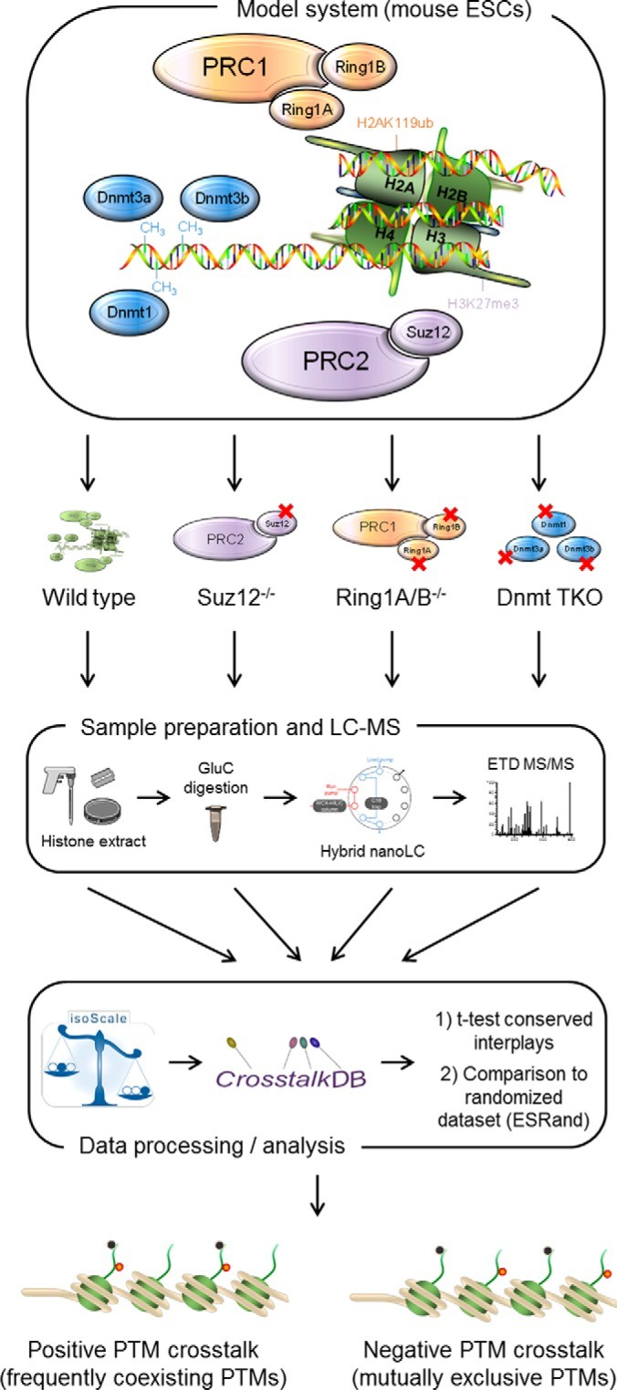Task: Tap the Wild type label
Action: tap(89, 575)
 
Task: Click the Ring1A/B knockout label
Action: tap(382, 575)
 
